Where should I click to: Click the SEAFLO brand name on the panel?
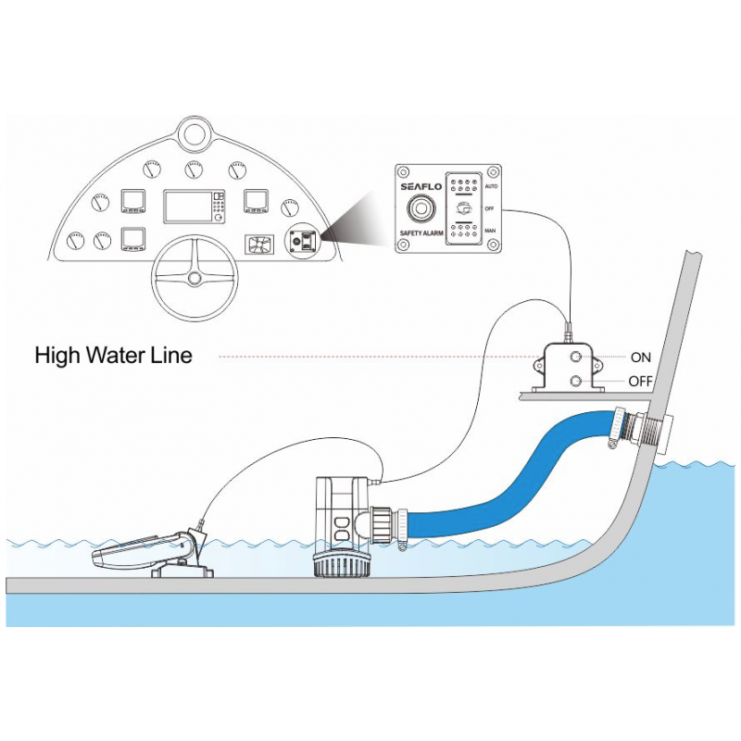[422, 185]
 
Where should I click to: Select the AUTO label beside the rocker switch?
[491, 186]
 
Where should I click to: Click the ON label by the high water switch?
[640, 357]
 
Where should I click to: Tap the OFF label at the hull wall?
[641, 381]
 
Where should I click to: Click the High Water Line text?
[113, 355]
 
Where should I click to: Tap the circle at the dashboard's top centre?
[195, 134]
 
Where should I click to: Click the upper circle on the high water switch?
[576, 357]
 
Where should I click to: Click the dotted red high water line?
[370, 356]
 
